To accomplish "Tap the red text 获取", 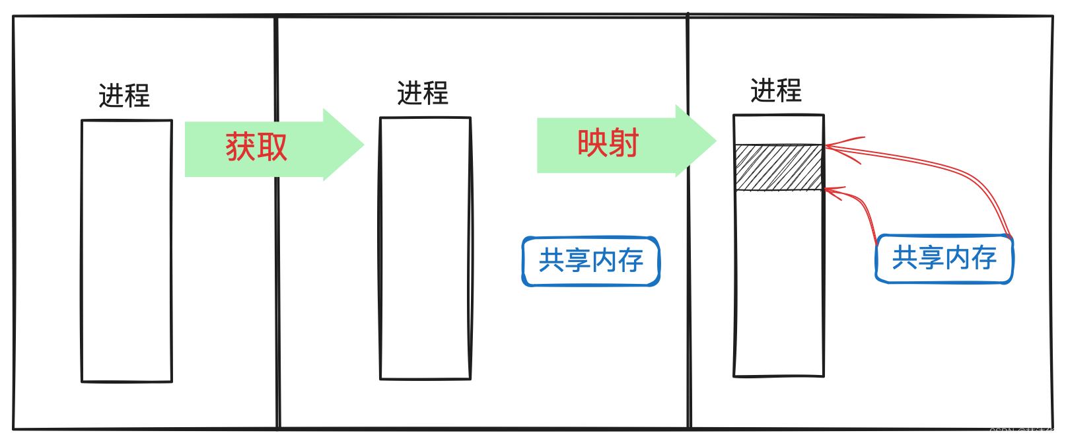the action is pyautogui.click(x=256, y=147).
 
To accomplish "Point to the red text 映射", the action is pyautogui.click(x=608, y=143).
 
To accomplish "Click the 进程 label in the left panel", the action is pyautogui.click(x=124, y=96).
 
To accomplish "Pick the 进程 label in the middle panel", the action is pyautogui.click(x=423, y=93).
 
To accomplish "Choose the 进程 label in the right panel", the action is pyautogui.click(x=776, y=90).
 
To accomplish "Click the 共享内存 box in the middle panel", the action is pyautogui.click(x=591, y=261).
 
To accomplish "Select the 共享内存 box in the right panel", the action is pyautogui.click(x=944, y=258).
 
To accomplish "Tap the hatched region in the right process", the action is pyautogui.click(x=779, y=168).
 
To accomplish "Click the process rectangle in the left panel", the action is pyautogui.click(x=126, y=251).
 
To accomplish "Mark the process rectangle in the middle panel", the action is pyautogui.click(x=425, y=248).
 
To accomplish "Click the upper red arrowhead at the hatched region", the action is pyautogui.click(x=830, y=145).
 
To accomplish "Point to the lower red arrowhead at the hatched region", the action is pyautogui.click(x=829, y=191).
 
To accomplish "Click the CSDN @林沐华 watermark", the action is pyautogui.click(x=1022, y=432).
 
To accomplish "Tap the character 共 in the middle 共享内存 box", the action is pyautogui.click(x=551, y=261).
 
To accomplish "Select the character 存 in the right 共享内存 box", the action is pyautogui.click(x=984, y=257).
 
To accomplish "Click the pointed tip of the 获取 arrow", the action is pyautogui.click(x=363, y=145).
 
